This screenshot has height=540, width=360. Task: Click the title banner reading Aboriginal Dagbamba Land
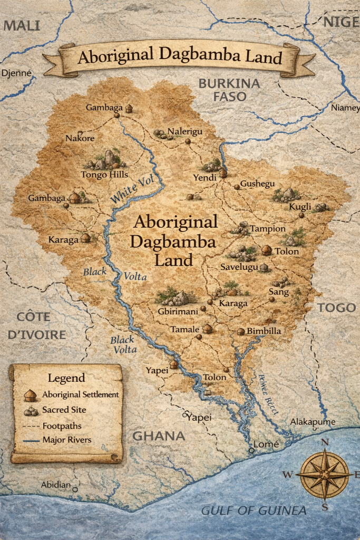click(x=180, y=57)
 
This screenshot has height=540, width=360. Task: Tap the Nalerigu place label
click(x=184, y=131)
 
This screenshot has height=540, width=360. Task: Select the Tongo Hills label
click(x=104, y=175)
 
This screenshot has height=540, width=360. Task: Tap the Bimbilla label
click(x=264, y=331)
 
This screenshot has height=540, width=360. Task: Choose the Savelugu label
click(x=239, y=268)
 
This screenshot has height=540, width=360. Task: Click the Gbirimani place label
click(x=178, y=312)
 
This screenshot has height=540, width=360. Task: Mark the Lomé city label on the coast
click(x=266, y=444)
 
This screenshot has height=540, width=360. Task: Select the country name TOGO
click(x=336, y=308)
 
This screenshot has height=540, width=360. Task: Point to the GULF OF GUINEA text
click(x=254, y=510)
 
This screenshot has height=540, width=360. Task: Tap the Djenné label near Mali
click(x=17, y=73)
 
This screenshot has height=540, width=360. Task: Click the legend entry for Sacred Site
click(x=64, y=409)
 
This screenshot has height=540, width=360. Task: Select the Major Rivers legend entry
click(x=67, y=439)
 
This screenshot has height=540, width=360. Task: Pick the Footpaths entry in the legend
click(x=62, y=425)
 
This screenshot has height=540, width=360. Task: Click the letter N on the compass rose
click(x=325, y=442)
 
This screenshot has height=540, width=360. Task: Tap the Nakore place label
click(x=80, y=138)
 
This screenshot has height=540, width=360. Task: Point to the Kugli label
click(x=300, y=206)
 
